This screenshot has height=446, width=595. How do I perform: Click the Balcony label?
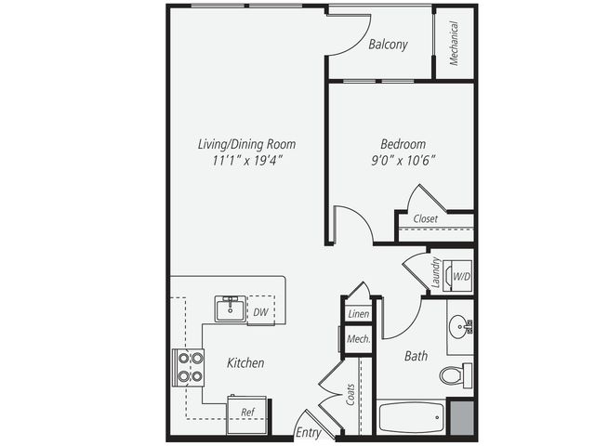[x=388, y=45]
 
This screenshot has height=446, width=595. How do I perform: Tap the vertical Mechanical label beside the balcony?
[x=454, y=44]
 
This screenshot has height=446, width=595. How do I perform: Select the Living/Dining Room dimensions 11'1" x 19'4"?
[x=248, y=161]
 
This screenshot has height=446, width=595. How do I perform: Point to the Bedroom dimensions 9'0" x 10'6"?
[x=403, y=161]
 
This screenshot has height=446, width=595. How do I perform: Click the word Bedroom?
[x=403, y=144]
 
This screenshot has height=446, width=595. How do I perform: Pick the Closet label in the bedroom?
[x=426, y=219]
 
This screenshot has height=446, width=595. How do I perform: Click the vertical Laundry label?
[x=436, y=272]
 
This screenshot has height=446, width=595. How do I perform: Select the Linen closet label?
[x=359, y=314]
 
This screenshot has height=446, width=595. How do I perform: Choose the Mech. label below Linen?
[x=359, y=339]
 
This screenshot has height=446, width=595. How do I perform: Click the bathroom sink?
[x=460, y=326]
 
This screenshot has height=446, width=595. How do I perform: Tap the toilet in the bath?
[x=456, y=375]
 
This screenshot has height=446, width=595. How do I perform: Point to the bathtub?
[x=411, y=417]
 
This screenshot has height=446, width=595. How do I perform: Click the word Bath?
[x=416, y=356]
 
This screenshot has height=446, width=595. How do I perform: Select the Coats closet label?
[x=350, y=394]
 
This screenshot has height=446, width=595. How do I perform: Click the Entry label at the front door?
[x=308, y=433]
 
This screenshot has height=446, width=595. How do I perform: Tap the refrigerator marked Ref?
[x=246, y=415]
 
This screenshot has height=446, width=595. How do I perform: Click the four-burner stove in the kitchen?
[x=189, y=368]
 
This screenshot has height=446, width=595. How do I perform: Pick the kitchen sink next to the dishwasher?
[x=231, y=309]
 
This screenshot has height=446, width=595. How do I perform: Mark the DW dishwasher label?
[x=260, y=312]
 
